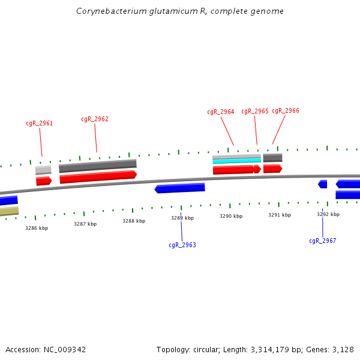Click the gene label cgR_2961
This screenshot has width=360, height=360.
coord(39,123)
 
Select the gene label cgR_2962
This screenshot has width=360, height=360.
coord(95,119)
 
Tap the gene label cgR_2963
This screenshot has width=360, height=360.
coord(182,245)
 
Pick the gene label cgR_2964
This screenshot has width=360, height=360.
coord(221,112)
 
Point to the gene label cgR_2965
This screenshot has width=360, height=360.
coord(255,111)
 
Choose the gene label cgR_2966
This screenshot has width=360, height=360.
coord(286,110)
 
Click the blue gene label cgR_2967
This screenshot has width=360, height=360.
coord(323,241)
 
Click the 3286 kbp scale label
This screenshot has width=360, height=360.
coord(37,228)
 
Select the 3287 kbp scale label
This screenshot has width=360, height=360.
coord(85,224)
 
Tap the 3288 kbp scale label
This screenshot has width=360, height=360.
coord(134,221)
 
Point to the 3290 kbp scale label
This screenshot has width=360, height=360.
coord(231,216)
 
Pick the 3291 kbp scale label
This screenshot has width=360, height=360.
coord(280,215)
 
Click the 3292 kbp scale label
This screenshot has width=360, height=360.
coord(328,214)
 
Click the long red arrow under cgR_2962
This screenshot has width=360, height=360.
coord(98,176)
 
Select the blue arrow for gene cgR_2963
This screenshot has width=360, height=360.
coord(180,188)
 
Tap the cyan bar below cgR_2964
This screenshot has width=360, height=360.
coord(236,161)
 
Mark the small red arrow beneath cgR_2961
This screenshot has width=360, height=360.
coord(44,181)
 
